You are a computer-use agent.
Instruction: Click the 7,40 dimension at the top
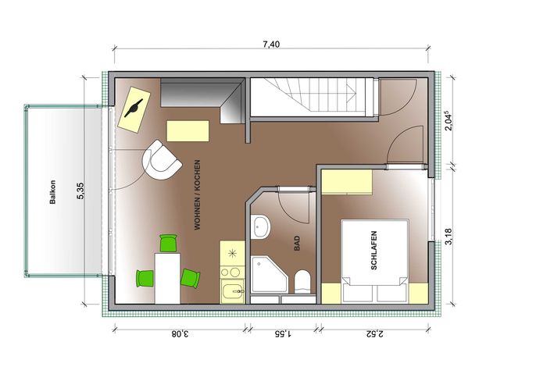pos(271,45)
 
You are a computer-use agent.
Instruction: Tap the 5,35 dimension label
pos(80,191)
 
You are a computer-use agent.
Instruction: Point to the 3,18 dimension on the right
pos(448,237)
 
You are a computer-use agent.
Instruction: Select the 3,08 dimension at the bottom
pos(180,333)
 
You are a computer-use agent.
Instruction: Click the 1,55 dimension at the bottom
pos(283,333)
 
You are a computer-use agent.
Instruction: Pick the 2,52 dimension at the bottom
pos(375,333)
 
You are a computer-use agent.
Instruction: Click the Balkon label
pos(52,192)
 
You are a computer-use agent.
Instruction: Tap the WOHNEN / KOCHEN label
pos(197,194)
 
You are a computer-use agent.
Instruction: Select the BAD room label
pos(297,244)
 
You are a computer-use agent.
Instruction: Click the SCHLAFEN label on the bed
pos(374,251)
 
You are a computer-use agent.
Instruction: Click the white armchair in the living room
pos(161,160)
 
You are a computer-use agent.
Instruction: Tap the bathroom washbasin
pos(260,227)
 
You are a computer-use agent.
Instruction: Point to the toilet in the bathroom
pos(302,282)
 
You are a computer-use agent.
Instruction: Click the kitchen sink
pos(233,291)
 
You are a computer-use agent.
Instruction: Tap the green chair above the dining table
pos(169,243)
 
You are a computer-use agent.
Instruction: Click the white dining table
pos(167,278)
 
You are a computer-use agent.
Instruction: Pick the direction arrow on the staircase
pos(350,92)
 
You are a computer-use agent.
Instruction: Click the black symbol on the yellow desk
pos(134,108)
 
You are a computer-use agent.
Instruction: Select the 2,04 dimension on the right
pos(448,120)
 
